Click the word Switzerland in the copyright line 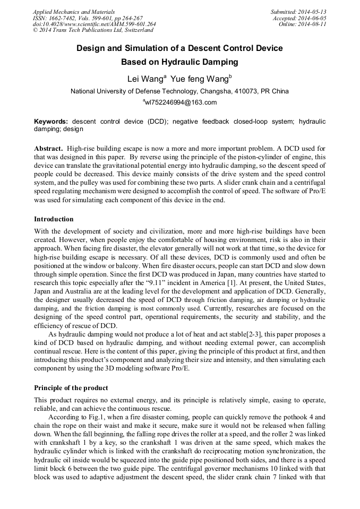tap(127, 30)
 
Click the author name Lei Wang tap(145, 79)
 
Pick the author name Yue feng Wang tap(199, 79)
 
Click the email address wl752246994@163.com tap(181, 102)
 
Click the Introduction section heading tap(54, 219)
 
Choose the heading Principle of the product tap(71, 387)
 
